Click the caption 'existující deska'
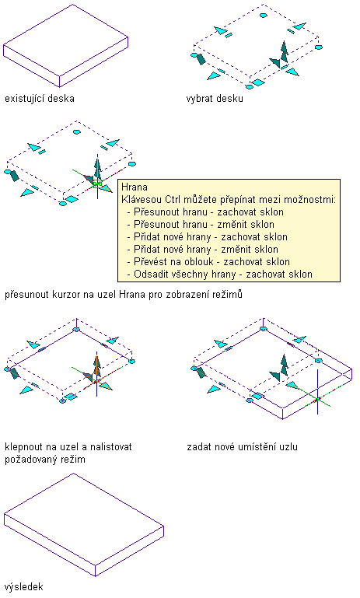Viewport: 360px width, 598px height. click(x=40, y=99)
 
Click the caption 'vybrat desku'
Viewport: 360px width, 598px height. click(x=215, y=99)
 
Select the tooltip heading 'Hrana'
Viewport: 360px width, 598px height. click(x=135, y=187)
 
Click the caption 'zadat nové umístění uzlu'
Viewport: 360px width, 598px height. click(x=242, y=446)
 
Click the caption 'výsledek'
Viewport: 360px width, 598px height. click(x=23, y=586)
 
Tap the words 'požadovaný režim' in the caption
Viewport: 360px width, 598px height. click(x=45, y=459)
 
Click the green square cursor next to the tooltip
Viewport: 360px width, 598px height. click(x=97, y=184)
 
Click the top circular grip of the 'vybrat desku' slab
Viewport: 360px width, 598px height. click(x=264, y=16)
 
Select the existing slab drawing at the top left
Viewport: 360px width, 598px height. click(x=65, y=45)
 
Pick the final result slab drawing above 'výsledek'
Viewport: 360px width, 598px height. click(x=84, y=525)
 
